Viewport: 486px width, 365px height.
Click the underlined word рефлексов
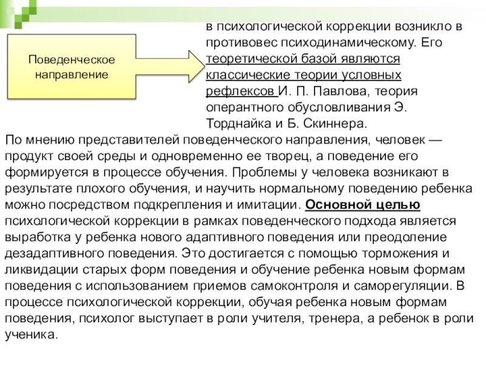pyautogui.click(x=239, y=91)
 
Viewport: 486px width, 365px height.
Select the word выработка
pyautogui.click(x=34, y=235)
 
